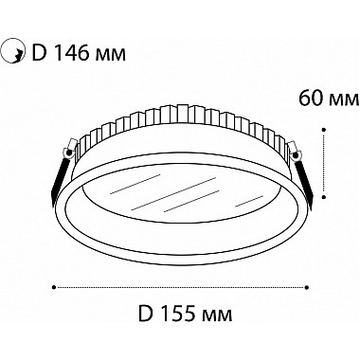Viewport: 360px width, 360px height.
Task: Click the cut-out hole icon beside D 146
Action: pos(12,52)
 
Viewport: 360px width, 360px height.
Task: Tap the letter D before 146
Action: pos(40,53)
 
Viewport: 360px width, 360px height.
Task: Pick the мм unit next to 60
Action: pos(345,100)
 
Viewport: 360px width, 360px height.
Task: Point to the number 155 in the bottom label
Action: pos(183,313)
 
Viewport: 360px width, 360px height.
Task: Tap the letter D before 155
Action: pos(146,313)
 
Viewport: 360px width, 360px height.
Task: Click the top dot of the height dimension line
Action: pos(324,129)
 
